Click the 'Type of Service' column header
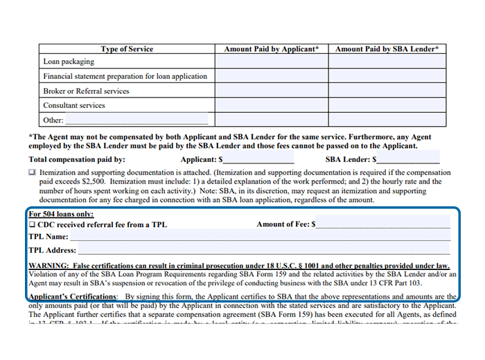pos(127,49)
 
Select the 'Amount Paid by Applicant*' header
pos(272,49)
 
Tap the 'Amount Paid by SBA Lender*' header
pos(387,49)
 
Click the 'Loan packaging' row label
pos(69,62)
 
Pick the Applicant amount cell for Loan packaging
pos(272,62)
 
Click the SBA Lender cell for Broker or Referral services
pos(387,91)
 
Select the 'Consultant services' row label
pos(74,105)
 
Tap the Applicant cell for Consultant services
pos(272,105)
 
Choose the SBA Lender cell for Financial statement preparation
pos(387,76)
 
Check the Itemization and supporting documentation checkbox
pos(32,172)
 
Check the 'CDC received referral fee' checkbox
pos(32,224)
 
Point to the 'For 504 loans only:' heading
pos(61,214)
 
